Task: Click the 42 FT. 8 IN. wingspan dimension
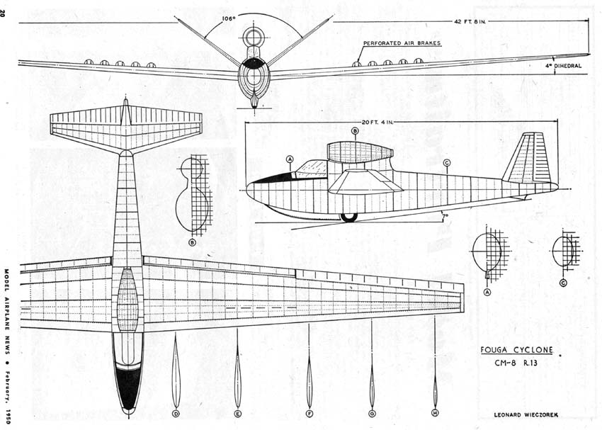coord(470,21)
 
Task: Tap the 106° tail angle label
coord(229,18)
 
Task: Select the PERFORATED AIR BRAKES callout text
coord(402,43)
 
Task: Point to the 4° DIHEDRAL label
coord(563,66)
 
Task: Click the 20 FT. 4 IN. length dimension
coord(378,123)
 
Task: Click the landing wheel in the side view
coord(349,217)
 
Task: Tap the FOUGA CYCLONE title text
coord(517,350)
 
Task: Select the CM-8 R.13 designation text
coord(516,363)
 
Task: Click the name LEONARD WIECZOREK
coord(526,415)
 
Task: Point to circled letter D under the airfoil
coord(176,414)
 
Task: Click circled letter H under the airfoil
coord(435,413)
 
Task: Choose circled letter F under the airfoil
coord(309,414)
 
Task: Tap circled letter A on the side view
coord(290,159)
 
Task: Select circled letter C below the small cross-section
coord(563,283)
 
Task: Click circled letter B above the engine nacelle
coord(355,131)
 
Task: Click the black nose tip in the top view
coord(129,387)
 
